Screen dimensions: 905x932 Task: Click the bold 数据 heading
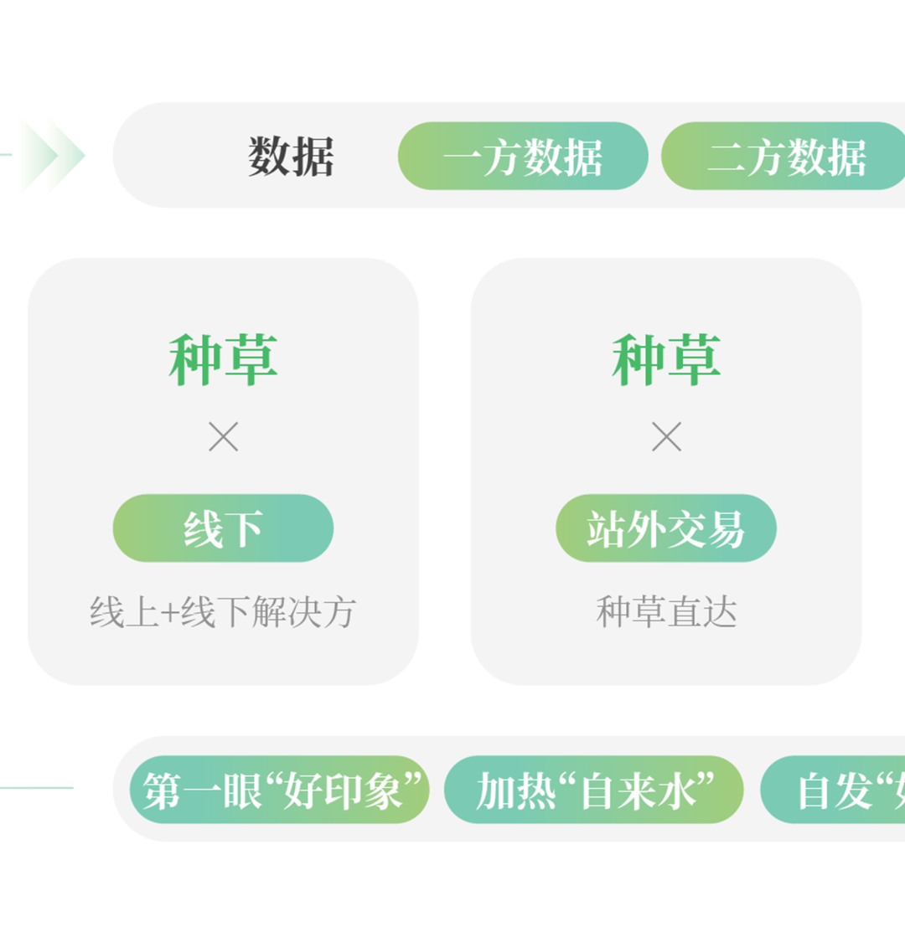tap(291, 157)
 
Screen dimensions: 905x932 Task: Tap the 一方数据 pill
tap(523, 157)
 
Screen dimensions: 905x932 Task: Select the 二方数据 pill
tap(784, 157)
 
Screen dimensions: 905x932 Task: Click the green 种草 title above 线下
tap(223, 360)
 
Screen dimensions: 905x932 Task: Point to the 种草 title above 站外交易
tap(666, 360)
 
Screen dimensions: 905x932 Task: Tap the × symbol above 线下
tap(224, 437)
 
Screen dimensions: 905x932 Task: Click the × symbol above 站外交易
tap(667, 437)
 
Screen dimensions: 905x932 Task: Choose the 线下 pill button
tap(223, 528)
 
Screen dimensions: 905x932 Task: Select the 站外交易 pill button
tap(666, 528)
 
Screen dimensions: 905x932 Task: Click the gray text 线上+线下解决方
tap(223, 612)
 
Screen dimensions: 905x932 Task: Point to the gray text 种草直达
tap(666, 612)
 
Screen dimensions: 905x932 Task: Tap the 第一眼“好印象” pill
tap(280, 790)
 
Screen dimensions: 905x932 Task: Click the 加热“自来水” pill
tap(594, 790)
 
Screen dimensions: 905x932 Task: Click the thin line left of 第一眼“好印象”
tap(38, 788)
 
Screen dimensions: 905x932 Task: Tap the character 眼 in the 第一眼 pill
tap(242, 790)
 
